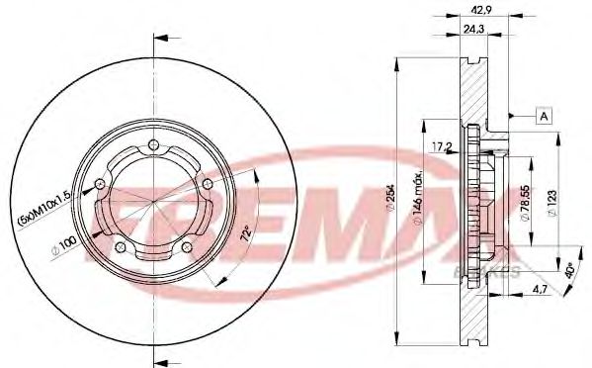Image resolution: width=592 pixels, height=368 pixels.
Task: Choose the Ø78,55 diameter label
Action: coord(528,204)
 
